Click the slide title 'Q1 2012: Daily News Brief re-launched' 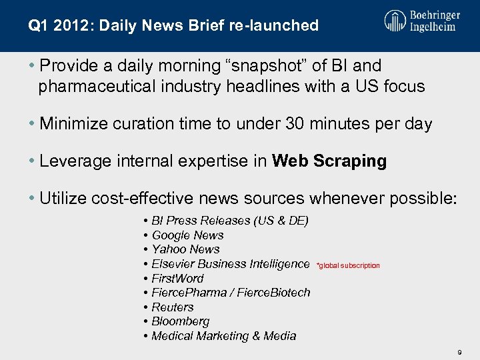[x=173, y=26]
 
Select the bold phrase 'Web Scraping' [x=329, y=161]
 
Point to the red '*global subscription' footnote [x=348, y=265]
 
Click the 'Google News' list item [x=187, y=235]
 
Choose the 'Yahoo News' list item [x=185, y=249]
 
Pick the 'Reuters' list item [x=172, y=307]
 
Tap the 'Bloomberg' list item [x=180, y=321]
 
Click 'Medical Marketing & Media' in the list [x=223, y=336]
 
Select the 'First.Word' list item [x=177, y=278]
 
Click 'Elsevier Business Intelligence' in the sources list [x=230, y=264]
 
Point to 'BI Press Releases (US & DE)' [x=229, y=221]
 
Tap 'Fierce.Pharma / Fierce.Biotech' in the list [x=231, y=293]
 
